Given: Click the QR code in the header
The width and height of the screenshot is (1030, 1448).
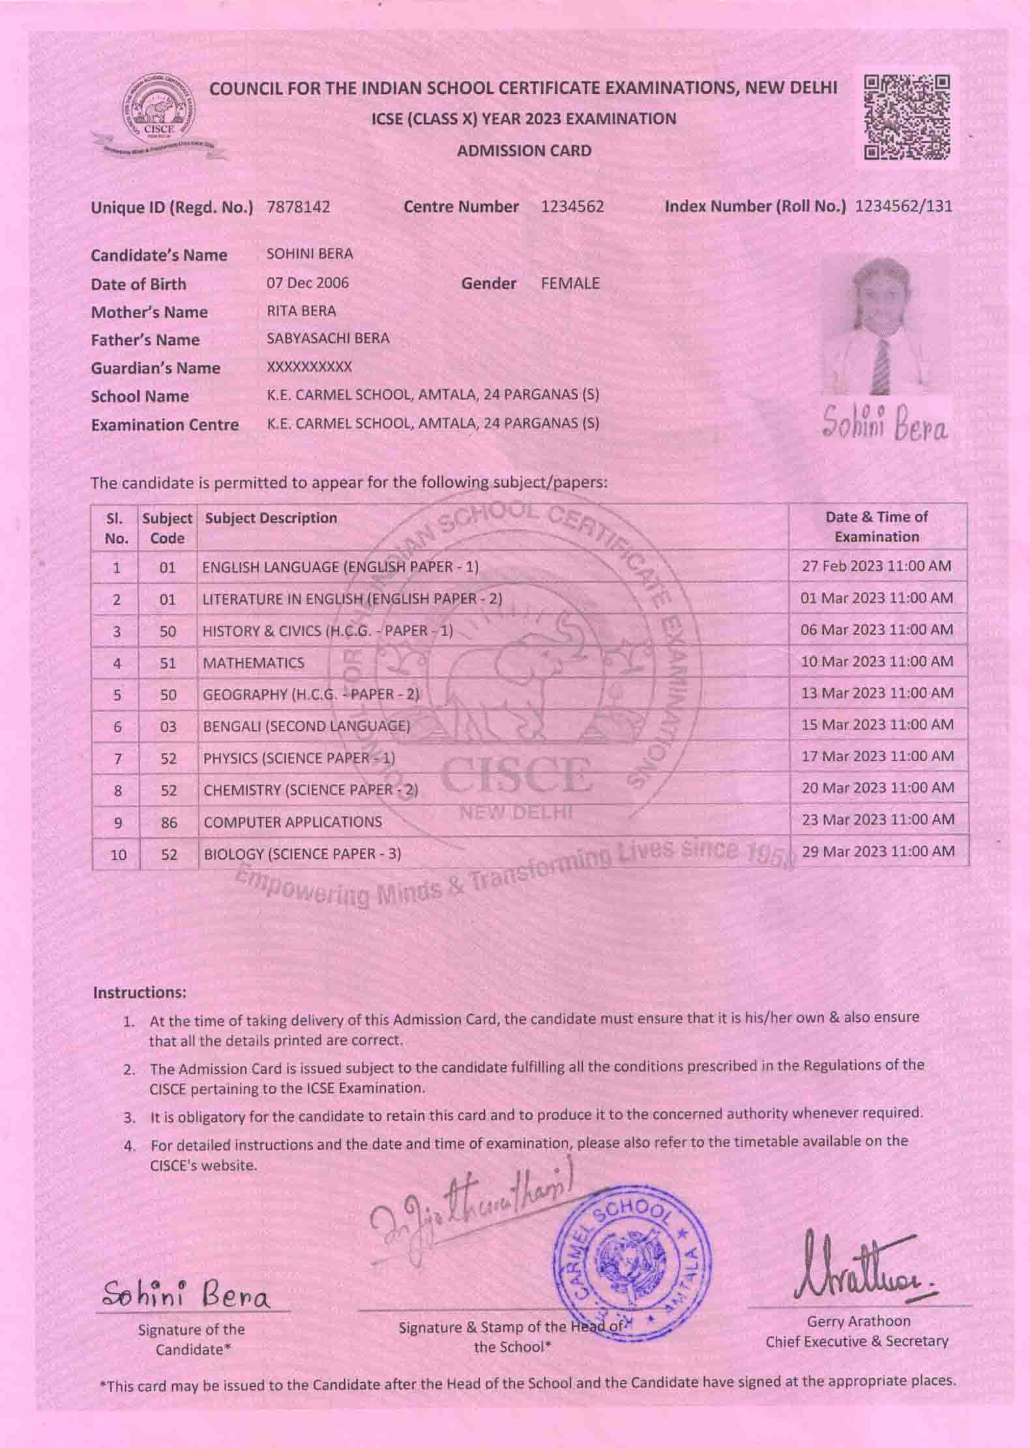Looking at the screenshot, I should (907, 117).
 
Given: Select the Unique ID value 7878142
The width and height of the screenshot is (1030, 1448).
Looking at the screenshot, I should (299, 207).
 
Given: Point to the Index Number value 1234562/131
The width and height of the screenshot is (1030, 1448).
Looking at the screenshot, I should (903, 207).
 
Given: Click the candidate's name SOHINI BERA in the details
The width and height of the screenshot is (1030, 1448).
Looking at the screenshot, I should (310, 254).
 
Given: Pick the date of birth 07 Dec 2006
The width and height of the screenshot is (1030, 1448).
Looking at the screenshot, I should (308, 283).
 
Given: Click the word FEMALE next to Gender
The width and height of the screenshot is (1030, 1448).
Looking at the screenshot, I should (570, 283).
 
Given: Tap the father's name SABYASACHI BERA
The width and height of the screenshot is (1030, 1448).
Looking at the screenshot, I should (328, 338).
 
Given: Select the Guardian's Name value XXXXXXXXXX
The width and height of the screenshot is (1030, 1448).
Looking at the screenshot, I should (310, 367).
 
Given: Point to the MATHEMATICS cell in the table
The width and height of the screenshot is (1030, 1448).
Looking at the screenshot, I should (254, 663).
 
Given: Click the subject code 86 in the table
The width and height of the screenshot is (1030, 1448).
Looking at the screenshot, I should (169, 822).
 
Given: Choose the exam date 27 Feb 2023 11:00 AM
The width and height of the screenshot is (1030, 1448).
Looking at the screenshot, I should (877, 566).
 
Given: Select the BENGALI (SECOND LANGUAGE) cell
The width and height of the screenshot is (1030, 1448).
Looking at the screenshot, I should (306, 726).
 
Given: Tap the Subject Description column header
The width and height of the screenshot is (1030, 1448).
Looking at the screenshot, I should (271, 518).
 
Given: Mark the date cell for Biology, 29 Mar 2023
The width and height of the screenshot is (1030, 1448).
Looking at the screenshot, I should (878, 852).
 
